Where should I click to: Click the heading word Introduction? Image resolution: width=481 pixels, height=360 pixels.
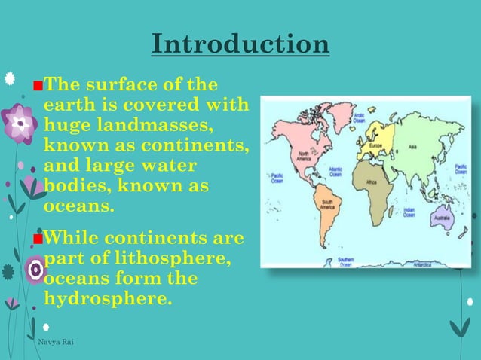click(240, 44)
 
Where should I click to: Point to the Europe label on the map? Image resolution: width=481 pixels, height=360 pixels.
click(377, 145)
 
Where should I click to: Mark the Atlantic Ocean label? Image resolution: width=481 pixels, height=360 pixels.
click(335, 172)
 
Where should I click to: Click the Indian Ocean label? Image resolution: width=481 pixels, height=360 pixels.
click(409, 213)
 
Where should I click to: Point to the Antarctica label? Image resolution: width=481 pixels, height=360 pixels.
click(419, 263)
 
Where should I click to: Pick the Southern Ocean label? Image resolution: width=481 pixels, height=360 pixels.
click(346, 261)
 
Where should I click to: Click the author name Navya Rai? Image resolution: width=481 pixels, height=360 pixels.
click(56, 343)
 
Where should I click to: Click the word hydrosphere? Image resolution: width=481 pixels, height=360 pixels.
click(109, 299)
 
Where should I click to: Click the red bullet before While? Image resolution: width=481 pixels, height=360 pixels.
click(37, 240)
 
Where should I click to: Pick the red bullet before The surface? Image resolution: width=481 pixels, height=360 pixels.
click(37, 84)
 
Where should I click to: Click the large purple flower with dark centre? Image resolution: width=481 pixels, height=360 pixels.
click(19, 124)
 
